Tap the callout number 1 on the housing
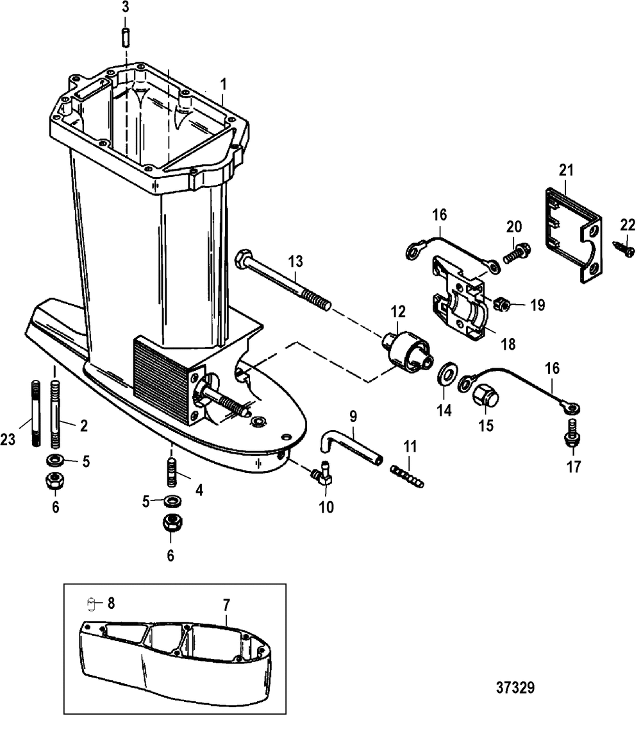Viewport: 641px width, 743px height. pos(224,83)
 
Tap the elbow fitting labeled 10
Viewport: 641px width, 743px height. pos(322,475)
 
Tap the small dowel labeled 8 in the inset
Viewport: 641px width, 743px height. pos(92,604)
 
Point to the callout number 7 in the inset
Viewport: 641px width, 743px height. pos(227,604)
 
